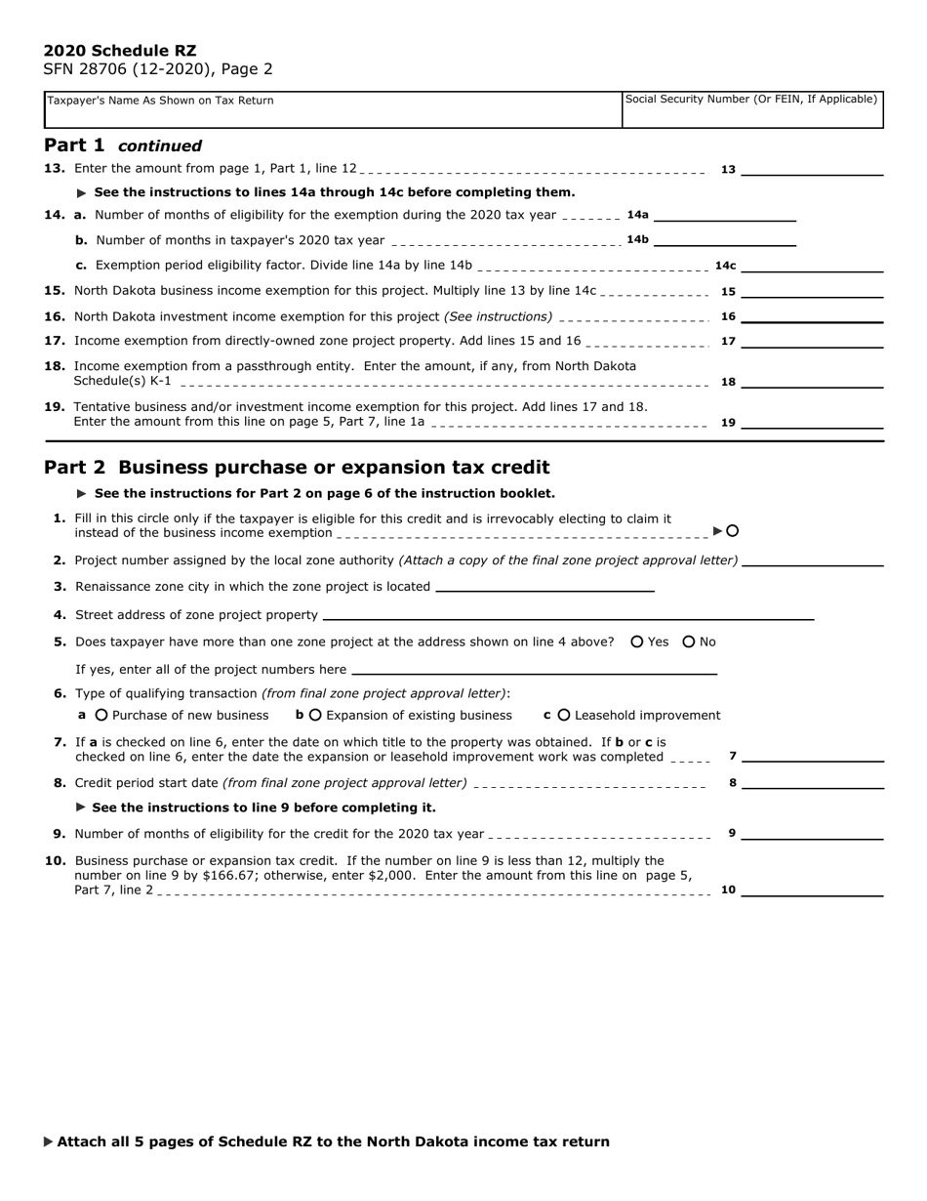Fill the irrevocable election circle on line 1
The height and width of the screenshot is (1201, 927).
pyautogui.click(x=733, y=531)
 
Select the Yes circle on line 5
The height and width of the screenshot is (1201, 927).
pyautogui.click(x=637, y=642)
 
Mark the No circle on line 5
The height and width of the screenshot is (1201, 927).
pyautogui.click(x=689, y=642)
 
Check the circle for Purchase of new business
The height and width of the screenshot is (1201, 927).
pyautogui.click(x=101, y=715)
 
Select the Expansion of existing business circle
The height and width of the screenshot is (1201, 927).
pyautogui.click(x=315, y=715)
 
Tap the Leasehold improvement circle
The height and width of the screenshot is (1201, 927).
pyautogui.click(x=564, y=715)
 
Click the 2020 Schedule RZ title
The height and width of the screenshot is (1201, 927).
pyautogui.click(x=120, y=51)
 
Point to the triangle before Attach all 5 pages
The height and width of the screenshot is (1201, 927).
pyautogui.click(x=49, y=1141)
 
